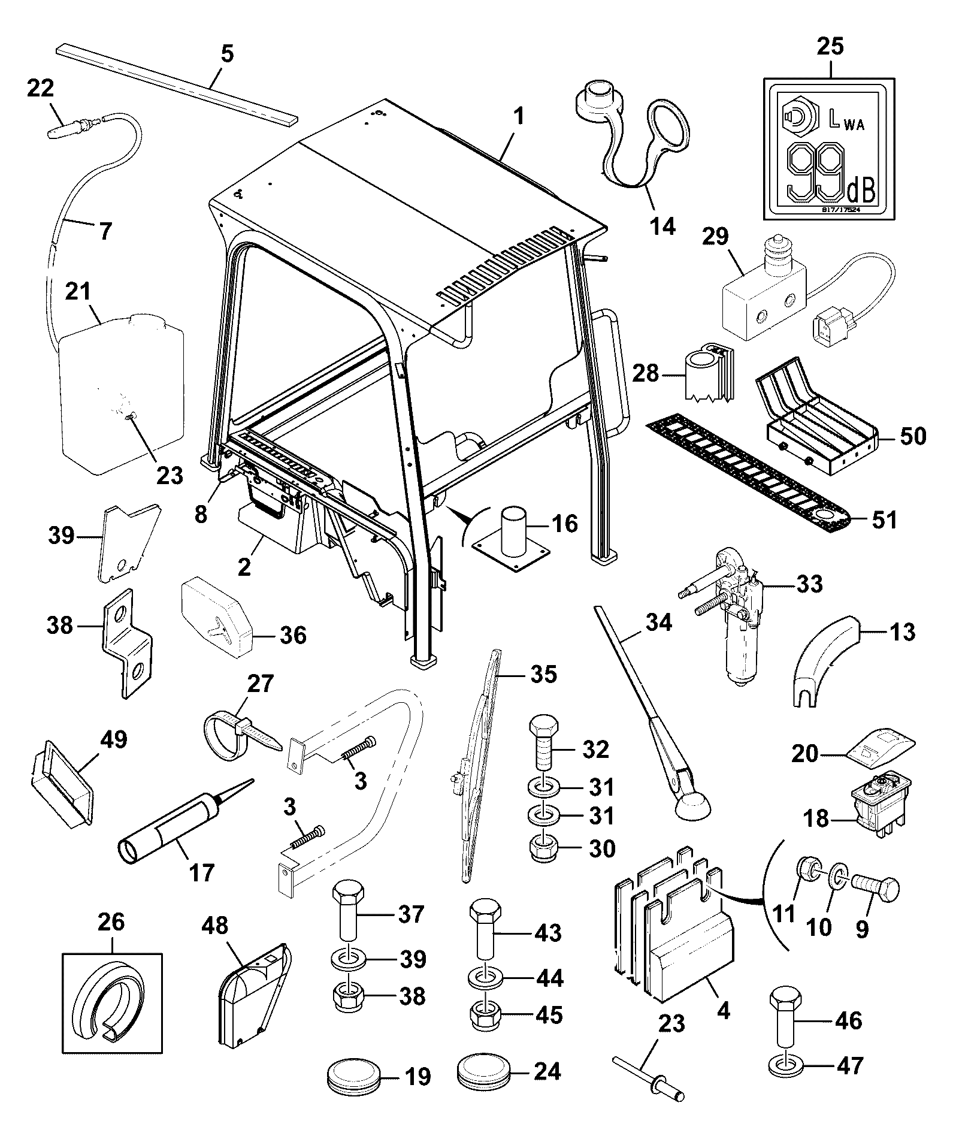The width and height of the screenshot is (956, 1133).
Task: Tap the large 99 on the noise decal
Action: point(815,173)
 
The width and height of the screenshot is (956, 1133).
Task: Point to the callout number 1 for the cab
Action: point(519,116)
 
